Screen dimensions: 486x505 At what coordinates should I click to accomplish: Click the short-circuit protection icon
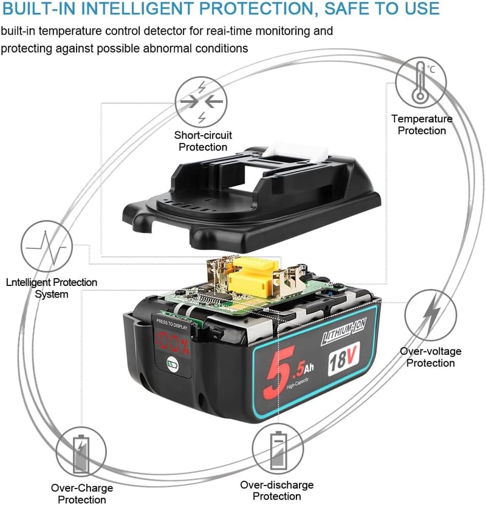pyautogui.click(x=201, y=102)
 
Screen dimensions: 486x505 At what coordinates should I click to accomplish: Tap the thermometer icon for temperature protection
pyautogui.click(x=421, y=82)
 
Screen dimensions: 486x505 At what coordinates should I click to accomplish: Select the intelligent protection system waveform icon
pyautogui.click(x=47, y=246)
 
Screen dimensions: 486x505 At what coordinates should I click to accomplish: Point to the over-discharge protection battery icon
pyautogui.click(x=278, y=448)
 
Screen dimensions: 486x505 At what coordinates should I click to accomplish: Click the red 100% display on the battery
pyautogui.click(x=173, y=343)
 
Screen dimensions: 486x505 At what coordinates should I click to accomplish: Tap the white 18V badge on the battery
pyautogui.click(x=343, y=358)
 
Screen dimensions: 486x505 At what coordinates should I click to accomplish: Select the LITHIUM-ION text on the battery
pyautogui.click(x=343, y=332)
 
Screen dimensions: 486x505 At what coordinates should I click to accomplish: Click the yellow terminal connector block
pyautogui.click(x=253, y=277)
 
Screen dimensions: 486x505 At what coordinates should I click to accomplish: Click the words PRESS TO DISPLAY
pyautogui.click(x=172, y=324)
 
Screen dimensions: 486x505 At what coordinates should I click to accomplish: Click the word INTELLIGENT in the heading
pyautogui.click(x=156, y=9)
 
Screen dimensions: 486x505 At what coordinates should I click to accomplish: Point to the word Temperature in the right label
pyautogui.click(x=422, y=119)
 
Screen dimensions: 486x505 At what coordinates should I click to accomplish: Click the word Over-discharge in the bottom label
pyautogui.click(x=276, y=485)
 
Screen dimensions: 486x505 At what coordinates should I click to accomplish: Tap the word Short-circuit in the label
pyautogui.click(x=203, y=135)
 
